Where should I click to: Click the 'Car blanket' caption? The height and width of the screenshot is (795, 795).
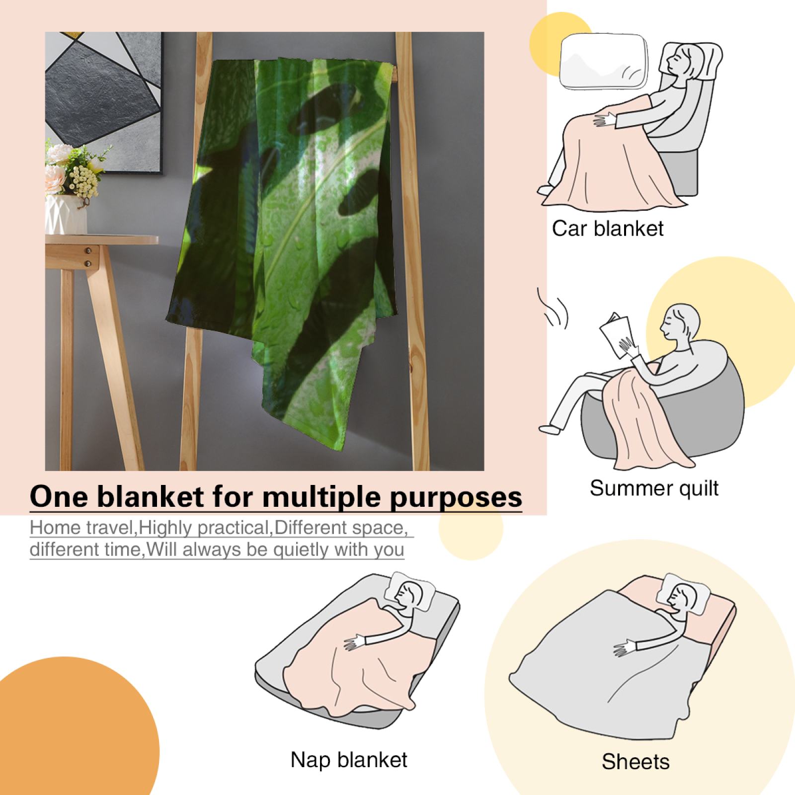click(x=607, y=229)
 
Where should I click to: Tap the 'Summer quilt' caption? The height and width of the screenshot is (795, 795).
click(x=654, y=488)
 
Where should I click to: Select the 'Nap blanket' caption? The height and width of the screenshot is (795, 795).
click(x=349, y=760)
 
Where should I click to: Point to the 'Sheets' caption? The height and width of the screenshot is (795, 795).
click(x=636, y=761)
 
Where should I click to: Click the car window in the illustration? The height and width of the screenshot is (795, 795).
click(x=604, y=62)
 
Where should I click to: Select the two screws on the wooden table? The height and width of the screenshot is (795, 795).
click(x=88, y=256)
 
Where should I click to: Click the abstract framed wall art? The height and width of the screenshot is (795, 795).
click(x=104, y=102)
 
